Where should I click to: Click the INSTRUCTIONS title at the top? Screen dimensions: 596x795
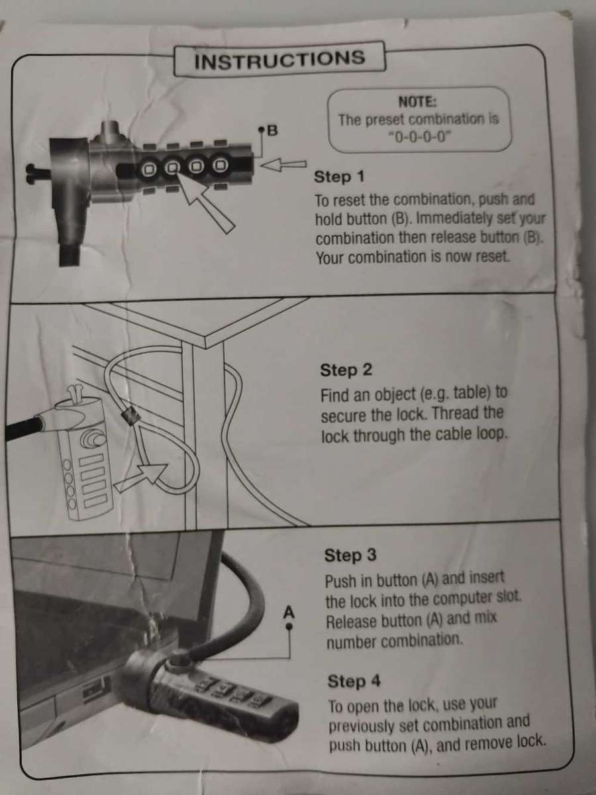279,59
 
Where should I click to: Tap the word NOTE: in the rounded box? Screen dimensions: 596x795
418,102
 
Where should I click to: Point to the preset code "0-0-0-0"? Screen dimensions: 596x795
419,137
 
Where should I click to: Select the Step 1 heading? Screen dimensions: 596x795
339,177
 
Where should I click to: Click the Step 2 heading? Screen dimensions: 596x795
346,370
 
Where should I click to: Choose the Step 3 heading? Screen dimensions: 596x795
350,555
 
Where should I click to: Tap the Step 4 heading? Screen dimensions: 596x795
354,681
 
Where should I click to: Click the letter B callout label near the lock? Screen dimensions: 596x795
272,130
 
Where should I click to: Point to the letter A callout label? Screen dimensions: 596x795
289,612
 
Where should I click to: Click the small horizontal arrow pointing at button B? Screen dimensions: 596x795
283,165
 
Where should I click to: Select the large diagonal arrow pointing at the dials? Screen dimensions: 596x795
206,203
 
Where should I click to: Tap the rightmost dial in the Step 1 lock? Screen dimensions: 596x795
219,166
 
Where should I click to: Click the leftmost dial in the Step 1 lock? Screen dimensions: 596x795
148,169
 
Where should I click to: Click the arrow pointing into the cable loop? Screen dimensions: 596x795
142,476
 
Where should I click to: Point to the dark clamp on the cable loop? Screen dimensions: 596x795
130,415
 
